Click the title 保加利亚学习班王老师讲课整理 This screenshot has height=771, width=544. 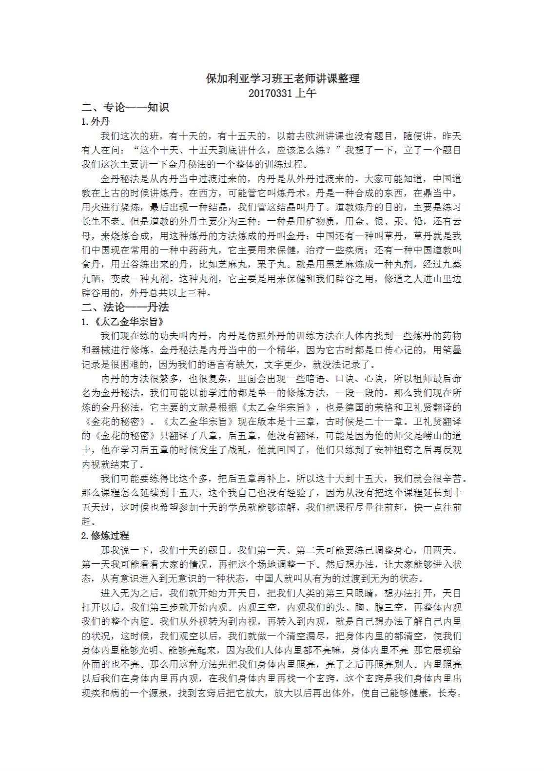pyautogui.click(x=283, y=78)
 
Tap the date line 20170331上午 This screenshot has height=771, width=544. pyautogui.click(x=282, y=93)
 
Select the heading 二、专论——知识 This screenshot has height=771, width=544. pyautogui.click(x=125, y=107)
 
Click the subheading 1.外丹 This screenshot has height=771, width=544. pyautogui.click(x=96, y=121)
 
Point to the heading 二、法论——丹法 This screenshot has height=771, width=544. pyautogui.click(x=125, y=307)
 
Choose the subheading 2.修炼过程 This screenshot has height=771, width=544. pyautogui.click(x=105, y=535)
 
